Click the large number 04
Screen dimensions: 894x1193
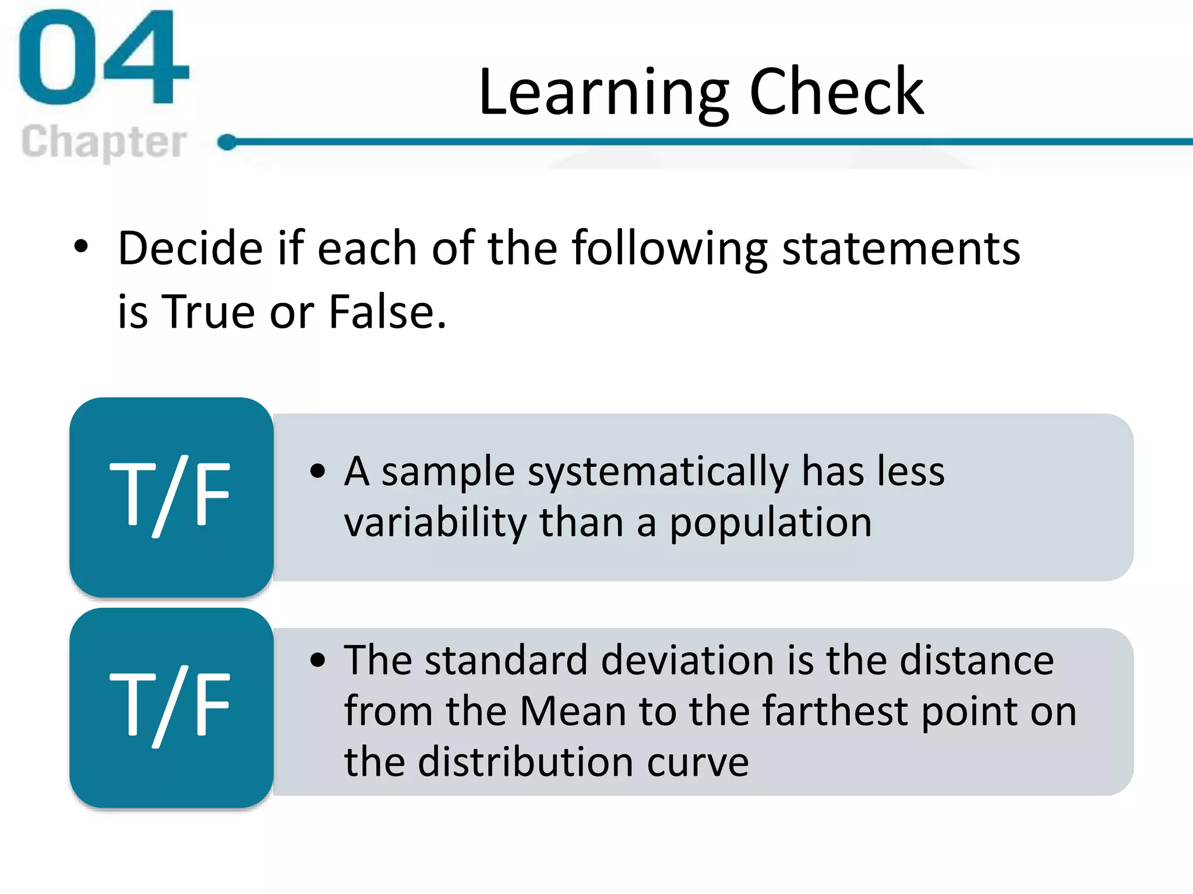(104, 58)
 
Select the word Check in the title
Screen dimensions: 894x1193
(836, 92)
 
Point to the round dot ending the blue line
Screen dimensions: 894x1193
(227, 142)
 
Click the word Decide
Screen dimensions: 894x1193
(190, 249)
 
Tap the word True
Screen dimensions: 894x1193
(207, 312)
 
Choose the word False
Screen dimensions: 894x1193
(387, 312)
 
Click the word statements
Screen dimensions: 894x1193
(901, 249)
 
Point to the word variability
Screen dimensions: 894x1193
(435, 522)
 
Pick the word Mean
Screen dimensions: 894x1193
(573, 711)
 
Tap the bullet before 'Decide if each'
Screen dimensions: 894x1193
(82, 246)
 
